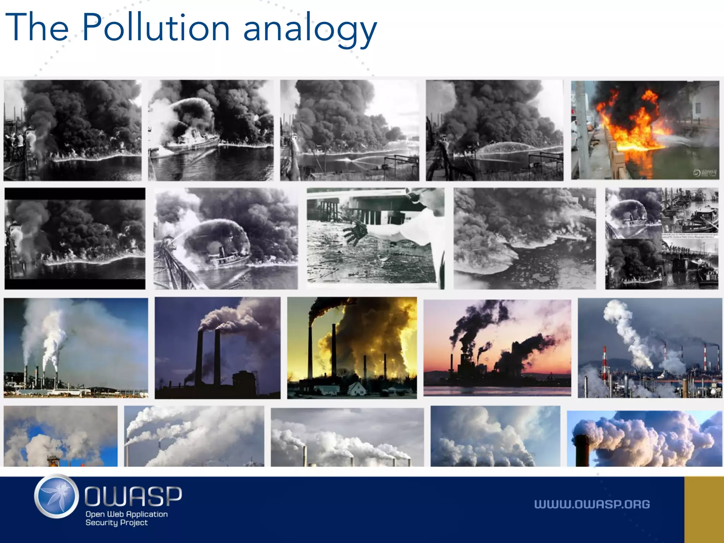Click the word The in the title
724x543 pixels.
[x=37, y=28]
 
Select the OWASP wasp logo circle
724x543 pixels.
[x=57, y=496]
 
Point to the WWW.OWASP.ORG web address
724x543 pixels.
[x=592, y=504]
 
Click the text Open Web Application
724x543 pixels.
[x=127, y=514]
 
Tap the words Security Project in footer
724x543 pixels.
[x=116, y=522]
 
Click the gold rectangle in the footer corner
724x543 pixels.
[x=704, y=509]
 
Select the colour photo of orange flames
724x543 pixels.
[x=645, y=130]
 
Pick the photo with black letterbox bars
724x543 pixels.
[x=75, y=239]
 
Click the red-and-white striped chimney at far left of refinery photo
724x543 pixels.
[x=604, y=362]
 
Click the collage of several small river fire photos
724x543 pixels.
[x=661, y=239]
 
